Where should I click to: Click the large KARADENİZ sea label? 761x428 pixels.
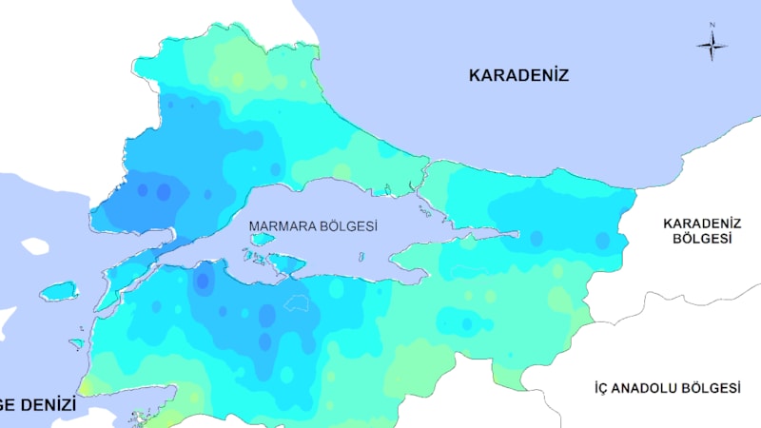click(x=518, y=75)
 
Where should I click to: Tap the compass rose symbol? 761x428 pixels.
click(x=712, y=45)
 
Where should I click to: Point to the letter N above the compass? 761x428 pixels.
click(x=712, y=26)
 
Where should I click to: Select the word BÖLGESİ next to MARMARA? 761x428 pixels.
click(x=349, y=226)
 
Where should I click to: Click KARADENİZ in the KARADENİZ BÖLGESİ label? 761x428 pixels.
click(x=702, y=223)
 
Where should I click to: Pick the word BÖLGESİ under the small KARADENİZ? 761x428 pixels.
click(x=702, y=239)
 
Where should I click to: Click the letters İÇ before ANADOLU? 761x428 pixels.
click(x=602, y=388)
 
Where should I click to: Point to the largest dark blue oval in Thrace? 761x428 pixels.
click(x=163, y=192)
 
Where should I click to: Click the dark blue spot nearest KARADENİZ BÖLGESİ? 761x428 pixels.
click(x=602, y=241)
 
